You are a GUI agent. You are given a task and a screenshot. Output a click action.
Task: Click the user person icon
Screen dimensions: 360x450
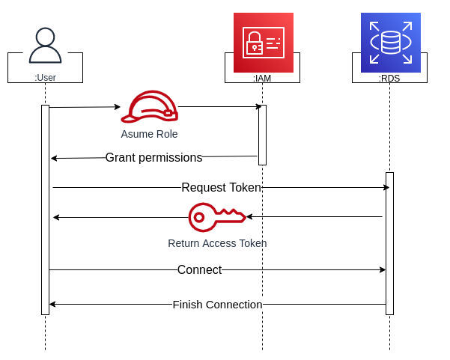[45, 46]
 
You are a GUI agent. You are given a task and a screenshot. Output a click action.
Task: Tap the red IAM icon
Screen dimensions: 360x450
[263, 43]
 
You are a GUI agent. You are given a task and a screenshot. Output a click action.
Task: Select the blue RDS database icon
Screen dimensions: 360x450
[390, 43]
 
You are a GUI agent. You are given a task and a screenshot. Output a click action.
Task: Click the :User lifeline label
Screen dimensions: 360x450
[45, 77]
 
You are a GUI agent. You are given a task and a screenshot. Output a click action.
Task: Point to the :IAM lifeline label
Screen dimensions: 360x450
[262, 77]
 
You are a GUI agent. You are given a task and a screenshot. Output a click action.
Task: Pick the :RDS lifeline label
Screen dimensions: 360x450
[389, 77]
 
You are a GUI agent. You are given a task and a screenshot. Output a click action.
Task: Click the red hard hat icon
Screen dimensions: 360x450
[150, 107]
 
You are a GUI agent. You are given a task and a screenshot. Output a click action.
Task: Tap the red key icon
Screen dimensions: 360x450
[216, 217]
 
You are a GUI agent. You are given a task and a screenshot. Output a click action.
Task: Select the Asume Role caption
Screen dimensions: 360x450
[149, 134]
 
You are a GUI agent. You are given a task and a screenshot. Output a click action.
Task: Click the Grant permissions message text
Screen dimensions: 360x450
[153, 157]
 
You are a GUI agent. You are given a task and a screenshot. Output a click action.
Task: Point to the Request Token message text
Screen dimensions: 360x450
[221, 187]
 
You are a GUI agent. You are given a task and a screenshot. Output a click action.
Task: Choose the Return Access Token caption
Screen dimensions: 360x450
[217, 243]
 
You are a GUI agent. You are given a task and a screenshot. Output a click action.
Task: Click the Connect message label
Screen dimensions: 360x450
[199, 269]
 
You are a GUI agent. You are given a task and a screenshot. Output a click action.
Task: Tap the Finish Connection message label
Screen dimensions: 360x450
[217, 304]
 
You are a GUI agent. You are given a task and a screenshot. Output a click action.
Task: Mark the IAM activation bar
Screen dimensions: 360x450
[262, 135]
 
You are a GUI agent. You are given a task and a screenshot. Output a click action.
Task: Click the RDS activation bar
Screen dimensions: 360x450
[389, 243]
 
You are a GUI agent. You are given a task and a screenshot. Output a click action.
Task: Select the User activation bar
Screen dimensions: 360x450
[45, 210]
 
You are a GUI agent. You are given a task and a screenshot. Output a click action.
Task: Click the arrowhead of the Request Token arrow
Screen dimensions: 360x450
[386, 187]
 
